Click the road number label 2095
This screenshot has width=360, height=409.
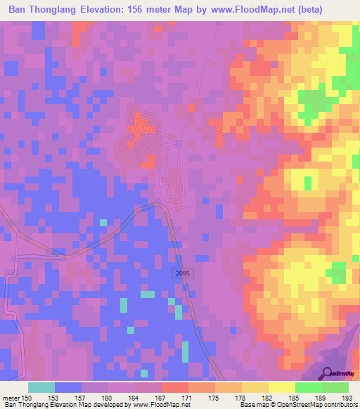(x=181, y=271)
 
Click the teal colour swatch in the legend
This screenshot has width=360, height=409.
(x=41, y=387)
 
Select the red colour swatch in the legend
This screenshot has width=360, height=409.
(x=174, y=387)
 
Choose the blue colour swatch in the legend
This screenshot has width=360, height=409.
(x=68, y=387)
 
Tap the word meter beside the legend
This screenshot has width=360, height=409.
(x=11, y=398)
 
